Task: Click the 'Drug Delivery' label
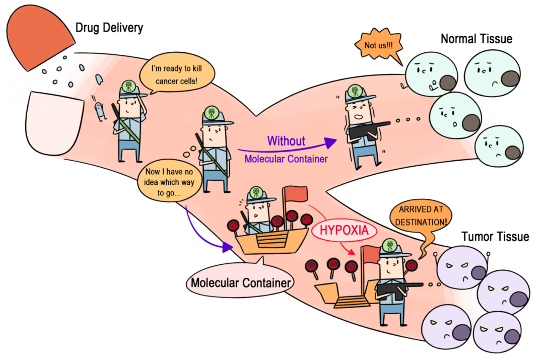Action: click(x=109, y=27)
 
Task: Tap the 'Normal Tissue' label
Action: click(x=476, y=39)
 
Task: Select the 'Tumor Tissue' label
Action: click(x=495, y=236)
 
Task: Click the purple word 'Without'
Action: click(x=286, y=140)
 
